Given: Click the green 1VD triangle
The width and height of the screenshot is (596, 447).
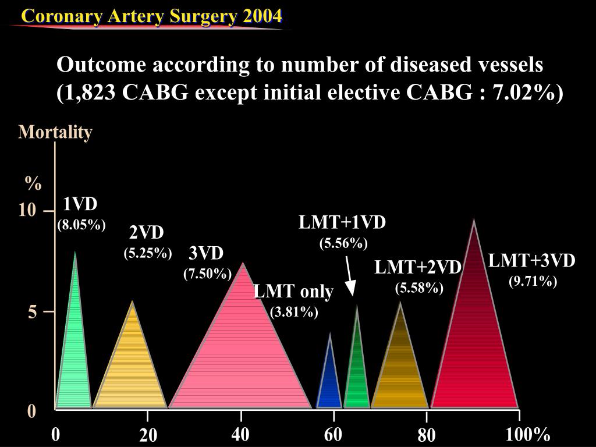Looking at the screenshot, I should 74,361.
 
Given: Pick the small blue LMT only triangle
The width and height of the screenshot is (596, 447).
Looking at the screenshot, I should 329,384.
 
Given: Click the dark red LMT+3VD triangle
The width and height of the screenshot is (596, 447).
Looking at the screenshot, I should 474,349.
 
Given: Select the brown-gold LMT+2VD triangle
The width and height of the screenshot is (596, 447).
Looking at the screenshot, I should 400,372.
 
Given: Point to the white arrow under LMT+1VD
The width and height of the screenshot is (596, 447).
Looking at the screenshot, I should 349,276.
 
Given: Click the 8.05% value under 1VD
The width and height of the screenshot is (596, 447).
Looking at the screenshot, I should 81,225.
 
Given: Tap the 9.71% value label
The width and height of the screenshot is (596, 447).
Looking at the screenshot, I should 533,282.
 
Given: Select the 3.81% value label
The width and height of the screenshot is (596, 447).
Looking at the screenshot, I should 294,312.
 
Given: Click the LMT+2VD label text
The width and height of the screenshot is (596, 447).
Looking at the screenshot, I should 418,267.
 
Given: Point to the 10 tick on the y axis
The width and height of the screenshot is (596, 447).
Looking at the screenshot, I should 27,210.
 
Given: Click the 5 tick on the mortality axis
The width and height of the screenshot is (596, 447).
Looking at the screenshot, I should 32,313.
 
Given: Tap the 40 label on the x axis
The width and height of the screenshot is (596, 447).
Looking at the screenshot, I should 240,434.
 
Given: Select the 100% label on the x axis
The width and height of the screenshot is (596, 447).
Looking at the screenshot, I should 528,434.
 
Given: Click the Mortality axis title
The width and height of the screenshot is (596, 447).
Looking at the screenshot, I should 55,132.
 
